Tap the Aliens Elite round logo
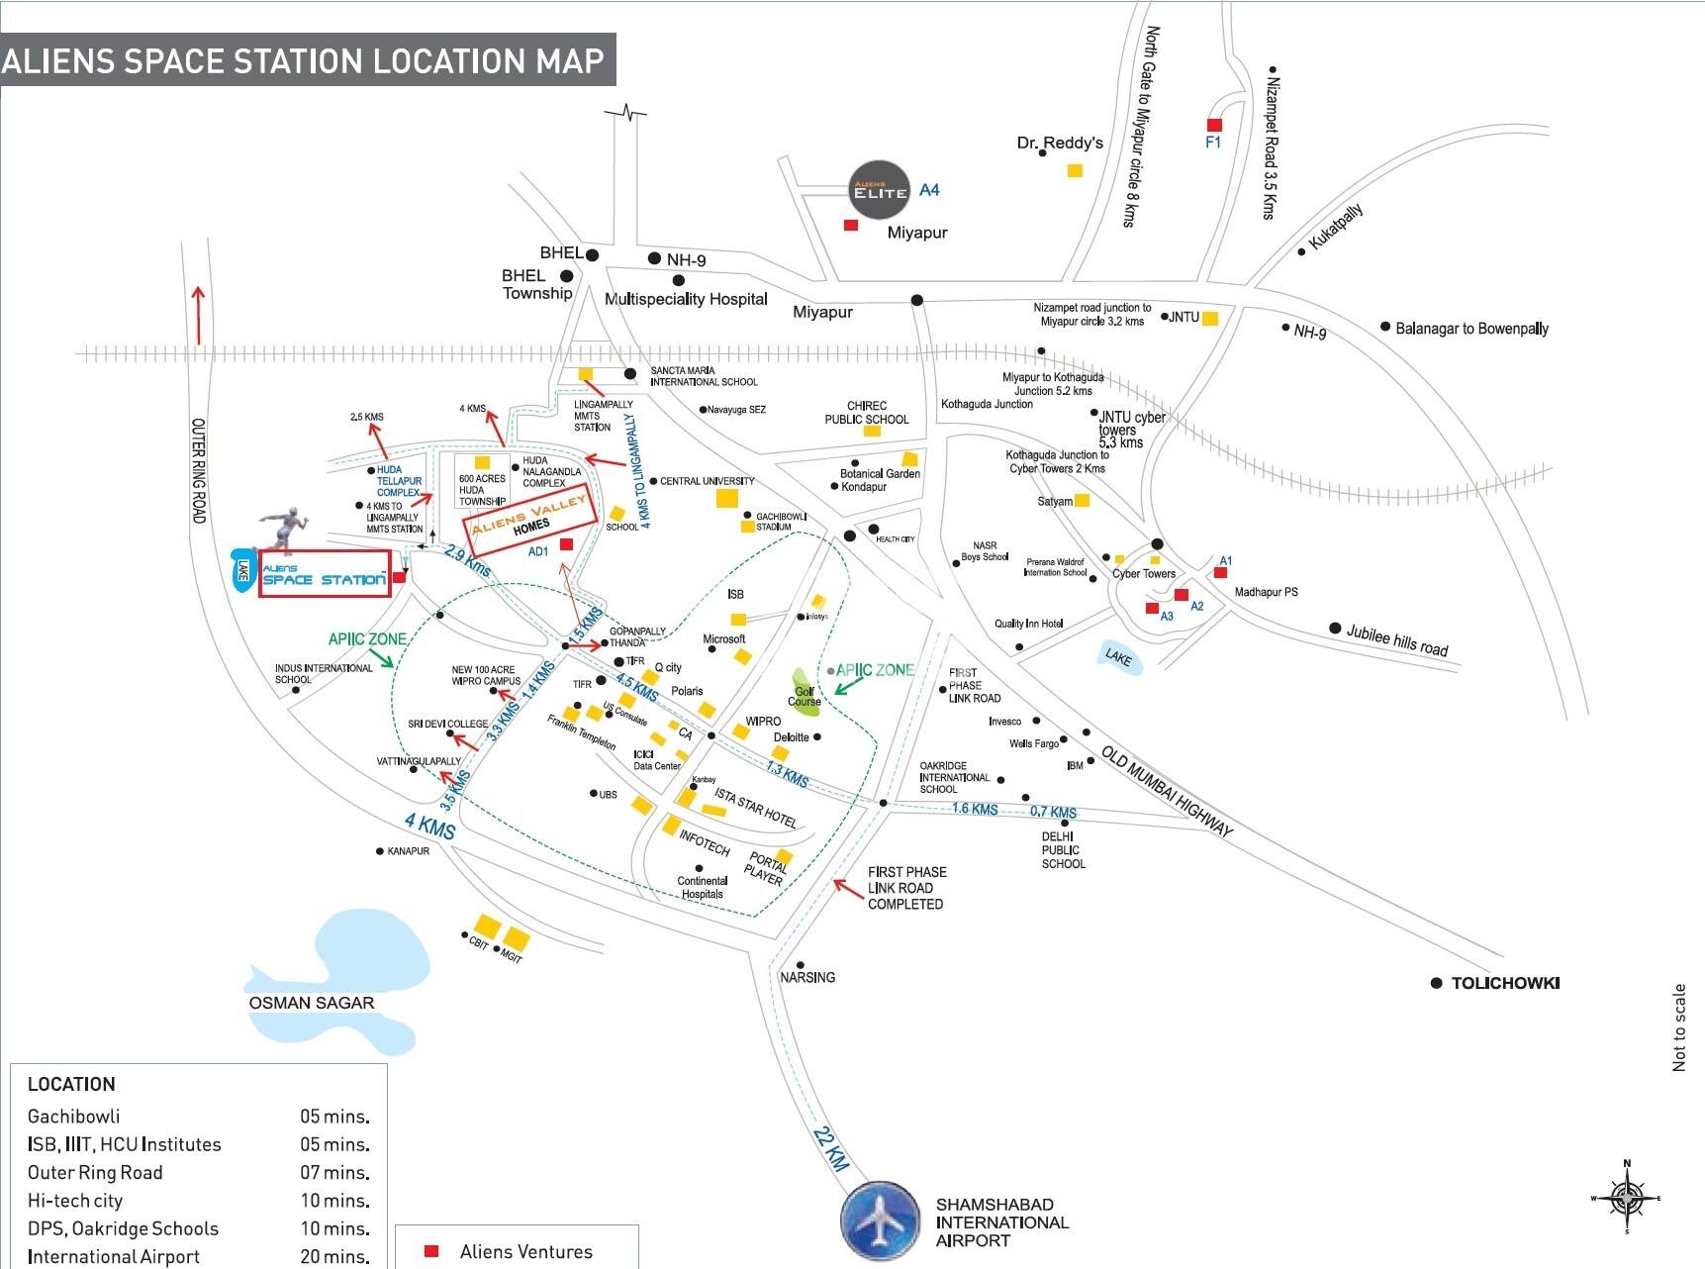880,190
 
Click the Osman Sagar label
312,1003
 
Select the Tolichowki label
1504,983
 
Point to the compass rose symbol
1626,1199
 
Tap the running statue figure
284,530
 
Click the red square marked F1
1214,125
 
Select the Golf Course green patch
804,689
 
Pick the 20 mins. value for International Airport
334,1256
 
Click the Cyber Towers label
1144,574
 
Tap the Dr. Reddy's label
1060,143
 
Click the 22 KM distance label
831,1147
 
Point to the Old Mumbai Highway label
1167,792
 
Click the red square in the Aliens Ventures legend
431,1251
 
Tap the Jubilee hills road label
1396,640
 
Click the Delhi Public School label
1062,850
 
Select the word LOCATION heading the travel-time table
71,1084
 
